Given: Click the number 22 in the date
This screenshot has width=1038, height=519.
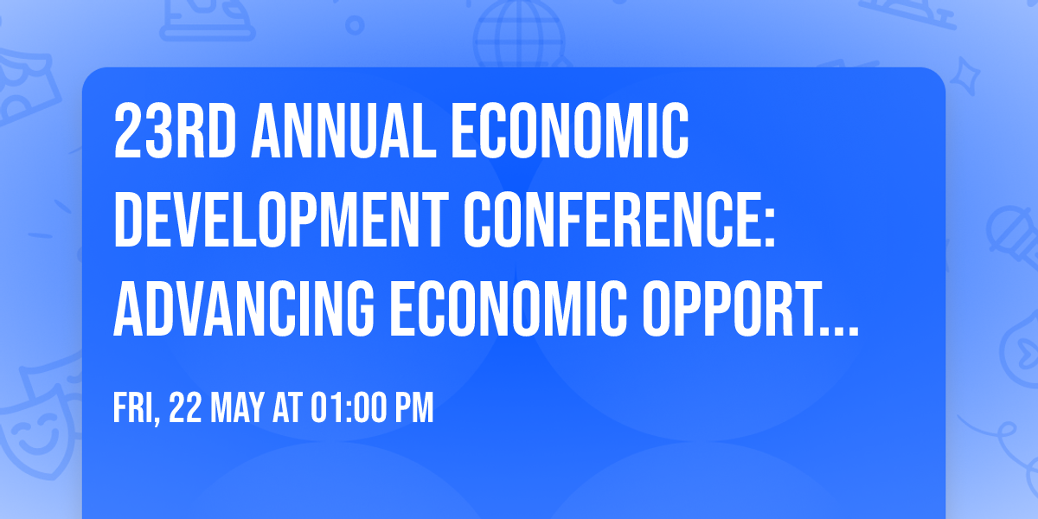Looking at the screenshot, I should (x=187, y=408).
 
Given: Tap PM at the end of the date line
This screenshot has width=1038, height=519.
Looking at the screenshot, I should (x=413, y=408).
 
